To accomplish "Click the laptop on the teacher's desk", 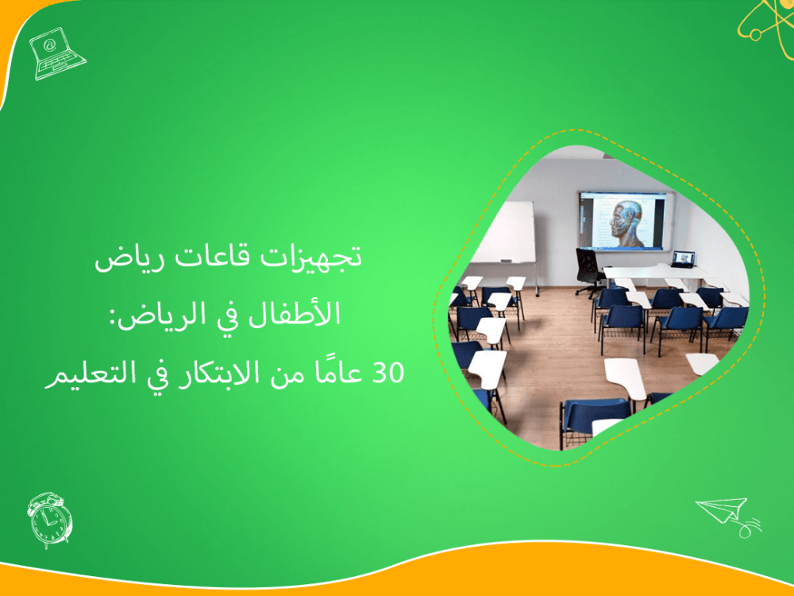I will [683, 259].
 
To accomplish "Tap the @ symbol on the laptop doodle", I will [50, 45].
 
